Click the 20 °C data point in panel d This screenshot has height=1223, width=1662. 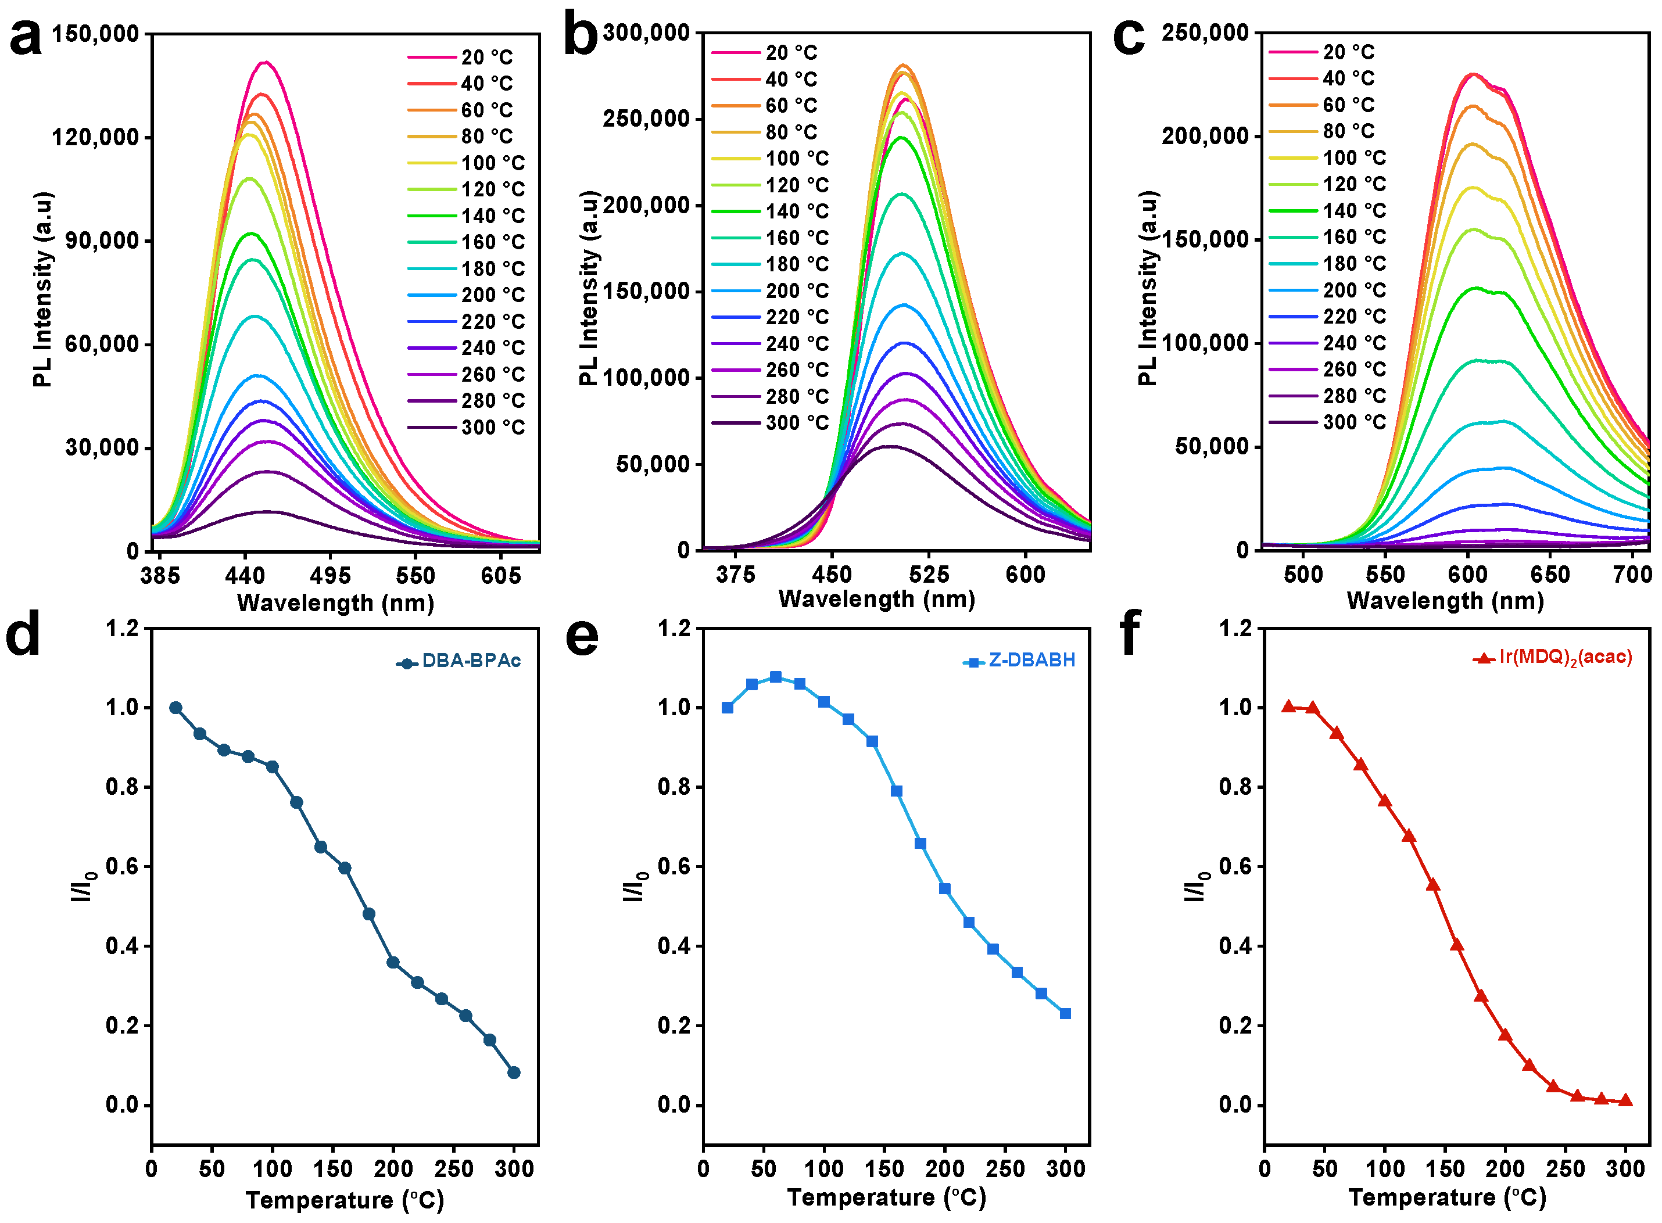(x=175, y=708)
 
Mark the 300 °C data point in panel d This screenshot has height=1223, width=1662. (x=514, y=1073)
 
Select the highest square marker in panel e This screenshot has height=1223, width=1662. (x=775, y=677)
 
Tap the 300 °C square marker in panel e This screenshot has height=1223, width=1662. (x=1065, y=1013)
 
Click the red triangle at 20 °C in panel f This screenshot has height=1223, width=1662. (x=1289, y=706)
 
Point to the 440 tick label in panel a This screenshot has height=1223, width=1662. (x=245, y=576)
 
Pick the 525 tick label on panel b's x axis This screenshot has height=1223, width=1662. (x=929, y=575)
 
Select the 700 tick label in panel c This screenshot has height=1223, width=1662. (x=1632, y=575)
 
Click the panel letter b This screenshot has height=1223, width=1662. (x=581, y=35)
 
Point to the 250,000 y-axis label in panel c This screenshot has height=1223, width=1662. (x=1205, y=33)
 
